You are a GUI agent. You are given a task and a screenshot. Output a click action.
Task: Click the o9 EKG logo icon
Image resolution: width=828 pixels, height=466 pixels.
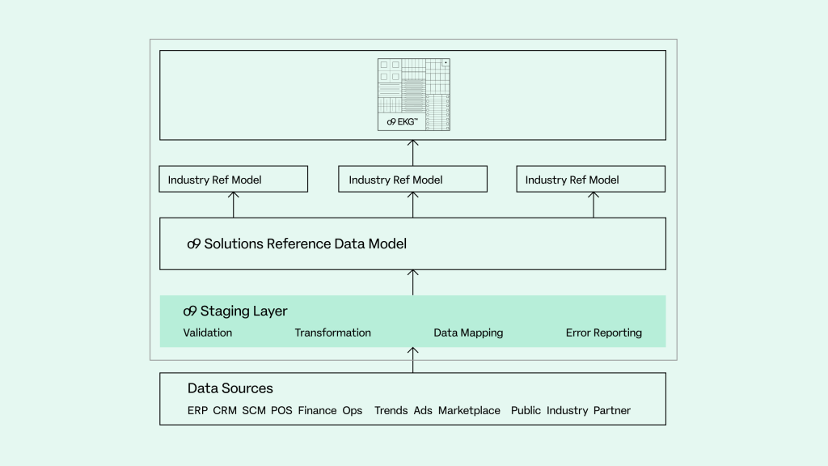click(413, 94)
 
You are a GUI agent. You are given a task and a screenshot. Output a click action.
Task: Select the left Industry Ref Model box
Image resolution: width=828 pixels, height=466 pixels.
click(234, 180)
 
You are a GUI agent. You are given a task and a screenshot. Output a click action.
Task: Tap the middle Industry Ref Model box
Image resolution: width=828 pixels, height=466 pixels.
click(412, 180)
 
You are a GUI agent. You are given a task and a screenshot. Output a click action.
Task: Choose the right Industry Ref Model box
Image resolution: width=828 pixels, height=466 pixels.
click(590, 180)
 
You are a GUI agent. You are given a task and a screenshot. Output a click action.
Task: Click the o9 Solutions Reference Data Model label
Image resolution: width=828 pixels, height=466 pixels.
click(296, 244)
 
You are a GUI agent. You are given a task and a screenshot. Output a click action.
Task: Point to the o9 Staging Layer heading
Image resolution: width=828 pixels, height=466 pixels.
click(235, 311)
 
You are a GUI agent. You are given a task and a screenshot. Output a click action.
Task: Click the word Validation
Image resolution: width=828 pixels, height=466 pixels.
click(207, 333)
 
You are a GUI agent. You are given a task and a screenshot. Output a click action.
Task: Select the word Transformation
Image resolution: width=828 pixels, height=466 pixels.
click(332, 333)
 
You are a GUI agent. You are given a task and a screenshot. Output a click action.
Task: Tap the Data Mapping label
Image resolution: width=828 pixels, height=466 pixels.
click(468, 333)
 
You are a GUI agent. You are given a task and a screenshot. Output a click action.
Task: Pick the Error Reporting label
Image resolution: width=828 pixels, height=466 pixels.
click(603, 333)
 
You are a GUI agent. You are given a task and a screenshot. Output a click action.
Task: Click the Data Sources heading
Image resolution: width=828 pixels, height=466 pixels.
click(230, 388)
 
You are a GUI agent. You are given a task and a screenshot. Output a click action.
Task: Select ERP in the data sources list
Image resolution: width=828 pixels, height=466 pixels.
click(197, 410)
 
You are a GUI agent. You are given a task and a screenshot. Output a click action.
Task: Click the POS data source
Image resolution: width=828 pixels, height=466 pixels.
click(281, 410)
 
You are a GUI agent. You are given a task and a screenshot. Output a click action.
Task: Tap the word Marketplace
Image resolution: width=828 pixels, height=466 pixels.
click(469, 410)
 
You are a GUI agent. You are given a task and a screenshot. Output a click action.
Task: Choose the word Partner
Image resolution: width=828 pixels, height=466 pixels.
click(611, 410)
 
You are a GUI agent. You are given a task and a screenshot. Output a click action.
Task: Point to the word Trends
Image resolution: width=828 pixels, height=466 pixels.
click(391, 410)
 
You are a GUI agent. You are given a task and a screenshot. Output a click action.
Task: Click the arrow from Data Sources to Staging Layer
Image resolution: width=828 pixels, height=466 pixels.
click(413, 360)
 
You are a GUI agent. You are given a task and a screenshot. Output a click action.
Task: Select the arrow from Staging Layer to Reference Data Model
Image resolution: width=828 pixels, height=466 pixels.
click(413, 282)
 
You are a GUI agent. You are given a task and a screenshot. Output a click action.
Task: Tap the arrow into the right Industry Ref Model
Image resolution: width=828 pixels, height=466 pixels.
click(594, 205)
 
